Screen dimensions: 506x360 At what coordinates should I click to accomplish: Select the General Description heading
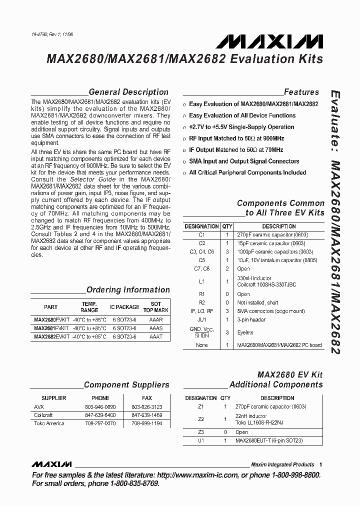point(128,92)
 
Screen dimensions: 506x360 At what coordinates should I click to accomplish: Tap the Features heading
point(301,92)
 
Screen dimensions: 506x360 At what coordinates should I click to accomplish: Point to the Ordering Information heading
point(128,289)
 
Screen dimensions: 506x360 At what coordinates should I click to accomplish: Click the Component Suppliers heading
point(126,384)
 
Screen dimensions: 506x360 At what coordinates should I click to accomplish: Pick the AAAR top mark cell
point(156,319)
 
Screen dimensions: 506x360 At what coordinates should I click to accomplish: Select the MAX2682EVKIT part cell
point(50,337)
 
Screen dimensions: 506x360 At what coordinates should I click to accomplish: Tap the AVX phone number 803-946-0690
point(100,406)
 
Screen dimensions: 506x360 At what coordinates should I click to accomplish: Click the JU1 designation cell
point(202,319)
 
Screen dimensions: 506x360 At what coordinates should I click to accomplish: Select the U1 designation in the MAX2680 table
point(201,440)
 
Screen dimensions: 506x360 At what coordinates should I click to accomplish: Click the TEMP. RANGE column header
point(89,307)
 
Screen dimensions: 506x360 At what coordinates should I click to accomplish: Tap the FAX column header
point(155,398)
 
